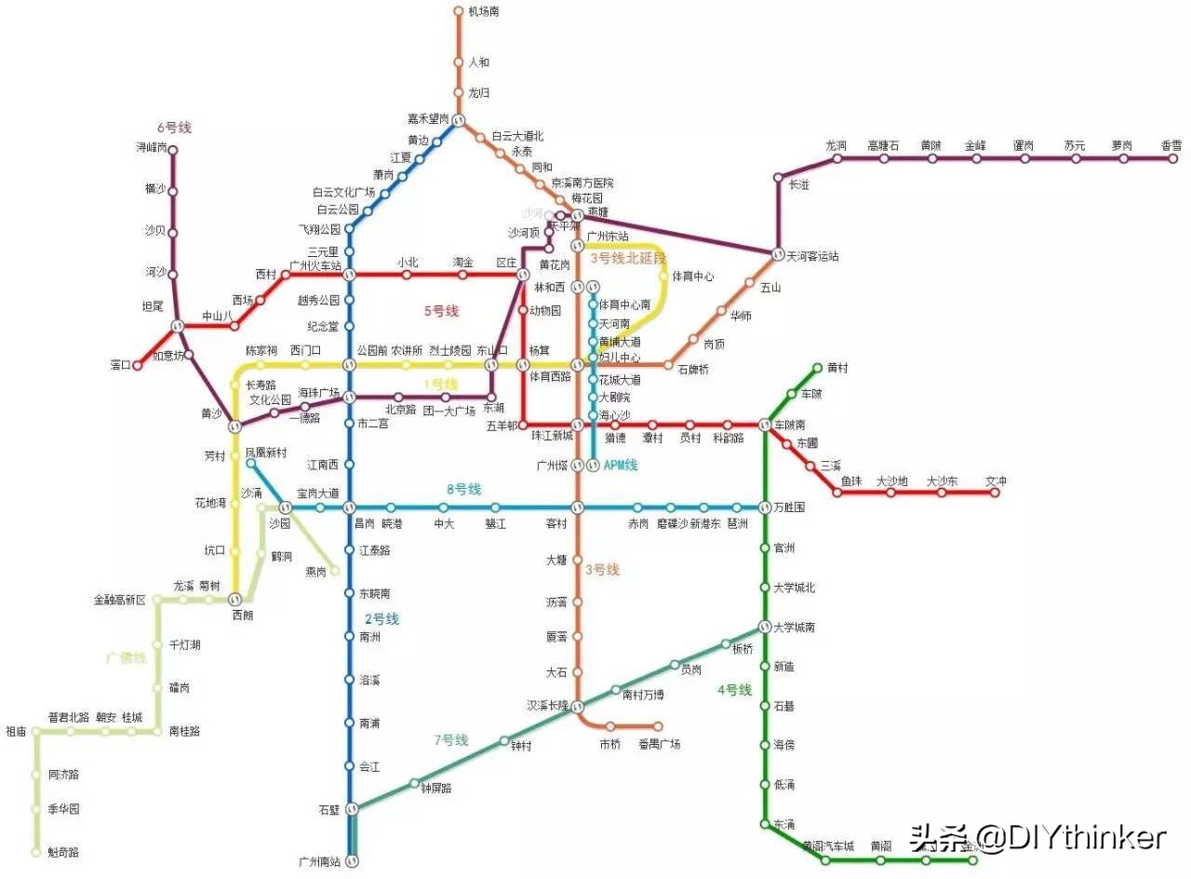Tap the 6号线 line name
point(174,127)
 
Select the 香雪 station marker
point(1173,158)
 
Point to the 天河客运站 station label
point(813,256)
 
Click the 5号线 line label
point(441,311)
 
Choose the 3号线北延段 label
point(629,258)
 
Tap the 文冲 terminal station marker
point(995,493)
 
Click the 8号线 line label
point(463,489)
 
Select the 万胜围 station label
point(789,507)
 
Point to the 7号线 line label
point(451,740)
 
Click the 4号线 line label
point(734,690)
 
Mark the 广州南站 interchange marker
point(352,861)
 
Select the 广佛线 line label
point(126,658)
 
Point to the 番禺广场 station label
point(659,744)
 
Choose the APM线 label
point(620,466)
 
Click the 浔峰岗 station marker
point(172,149)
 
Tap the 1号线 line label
point(441,384)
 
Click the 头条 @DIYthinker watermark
point(1037,837)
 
